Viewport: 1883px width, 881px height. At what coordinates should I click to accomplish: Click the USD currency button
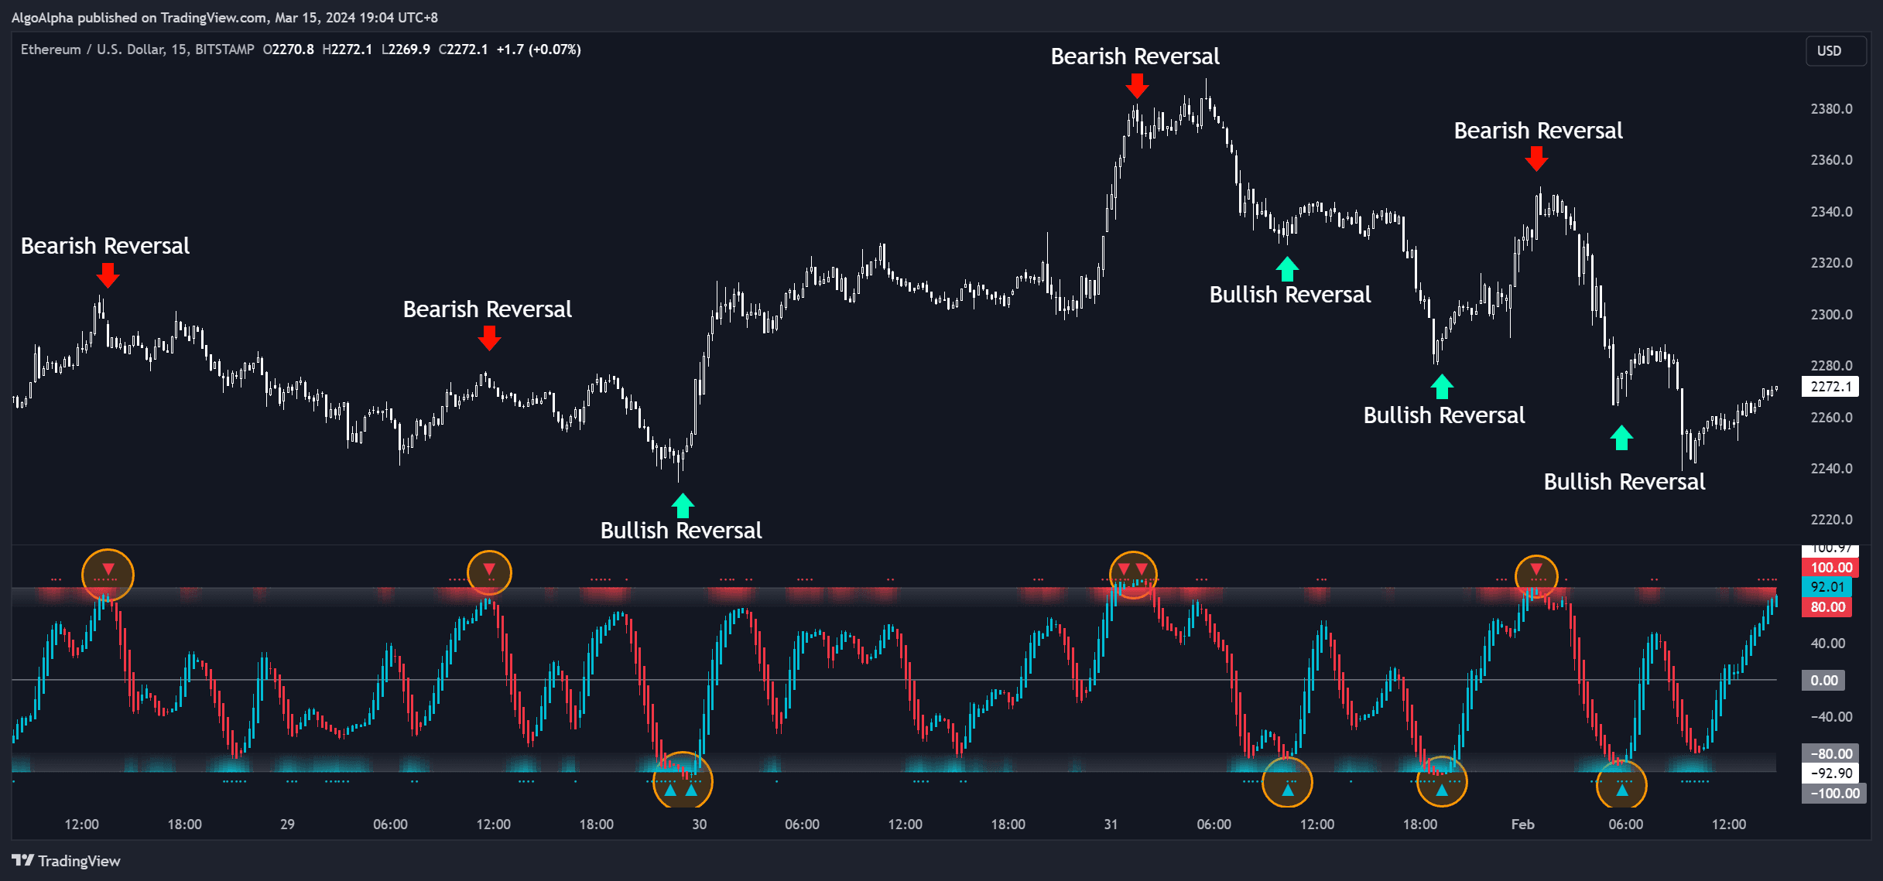tap(1830, 51)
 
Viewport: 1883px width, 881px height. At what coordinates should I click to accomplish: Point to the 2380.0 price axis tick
tap(1831, 109)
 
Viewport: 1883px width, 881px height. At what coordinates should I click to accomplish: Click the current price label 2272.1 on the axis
tap(1831, 387)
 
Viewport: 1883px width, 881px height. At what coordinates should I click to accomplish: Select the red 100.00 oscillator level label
tap(1831, 568)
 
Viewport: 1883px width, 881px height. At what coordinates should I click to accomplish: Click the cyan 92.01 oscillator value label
tap(1828, 587)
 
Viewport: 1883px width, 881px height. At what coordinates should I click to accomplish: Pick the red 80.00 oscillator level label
tap(1828, 607)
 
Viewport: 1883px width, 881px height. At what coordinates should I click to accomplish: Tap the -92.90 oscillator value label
tap(1832, 773)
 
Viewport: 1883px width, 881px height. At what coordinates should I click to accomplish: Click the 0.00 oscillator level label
tap(1824, 681)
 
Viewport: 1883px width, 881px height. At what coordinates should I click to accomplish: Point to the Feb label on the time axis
tap(1522, 825)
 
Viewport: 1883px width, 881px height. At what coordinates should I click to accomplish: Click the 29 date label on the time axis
tap(287, 825)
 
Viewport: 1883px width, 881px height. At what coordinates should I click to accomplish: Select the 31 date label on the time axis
tap(1111, 825)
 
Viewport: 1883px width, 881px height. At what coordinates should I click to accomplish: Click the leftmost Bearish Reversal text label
tap(105, 246)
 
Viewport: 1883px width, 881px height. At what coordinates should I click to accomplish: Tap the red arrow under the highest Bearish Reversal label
tap(1136, 85)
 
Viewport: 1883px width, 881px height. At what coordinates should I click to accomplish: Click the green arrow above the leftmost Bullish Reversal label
tap(682, 506)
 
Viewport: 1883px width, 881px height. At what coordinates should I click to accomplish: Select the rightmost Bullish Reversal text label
tap(1625, 482)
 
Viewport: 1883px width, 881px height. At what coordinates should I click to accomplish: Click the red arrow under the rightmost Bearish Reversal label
tap(1536, 159)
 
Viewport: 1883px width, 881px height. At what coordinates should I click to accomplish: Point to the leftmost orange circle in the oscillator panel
tap(108, 575)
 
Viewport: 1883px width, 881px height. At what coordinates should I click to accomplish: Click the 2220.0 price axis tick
tap(1831, 520)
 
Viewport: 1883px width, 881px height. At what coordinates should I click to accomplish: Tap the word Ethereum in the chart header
tap(51, 50)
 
